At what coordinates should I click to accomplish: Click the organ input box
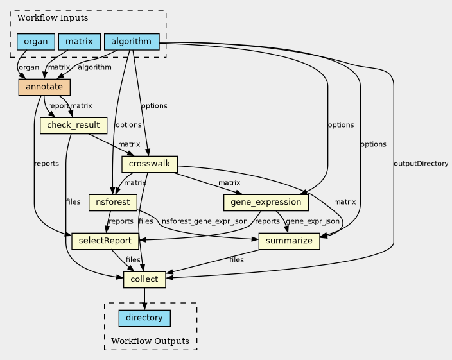pos(36,42)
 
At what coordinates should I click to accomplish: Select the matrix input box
pos(80,42)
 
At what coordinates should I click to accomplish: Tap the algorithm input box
pos(132,42)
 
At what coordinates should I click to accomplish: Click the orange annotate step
pos(44,87)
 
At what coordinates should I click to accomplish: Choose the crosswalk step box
pos(149,164)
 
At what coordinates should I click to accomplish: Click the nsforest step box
pos(113,203)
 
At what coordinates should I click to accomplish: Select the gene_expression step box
pos(266,203)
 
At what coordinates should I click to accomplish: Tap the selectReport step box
pos(105,241)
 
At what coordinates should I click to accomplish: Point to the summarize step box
pos(289,241)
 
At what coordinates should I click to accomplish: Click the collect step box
pos(144,280)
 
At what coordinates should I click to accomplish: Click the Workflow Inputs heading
pos(44,18)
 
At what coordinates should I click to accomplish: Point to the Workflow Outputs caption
pos(150,341)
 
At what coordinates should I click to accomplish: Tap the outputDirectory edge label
pos(421,164)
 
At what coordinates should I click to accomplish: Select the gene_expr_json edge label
pos(313,221)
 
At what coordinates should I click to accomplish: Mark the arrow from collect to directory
pos(144,299)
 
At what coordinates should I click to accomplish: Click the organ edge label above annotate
pos(28,67)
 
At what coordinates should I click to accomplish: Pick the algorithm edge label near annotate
pos(94,67)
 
